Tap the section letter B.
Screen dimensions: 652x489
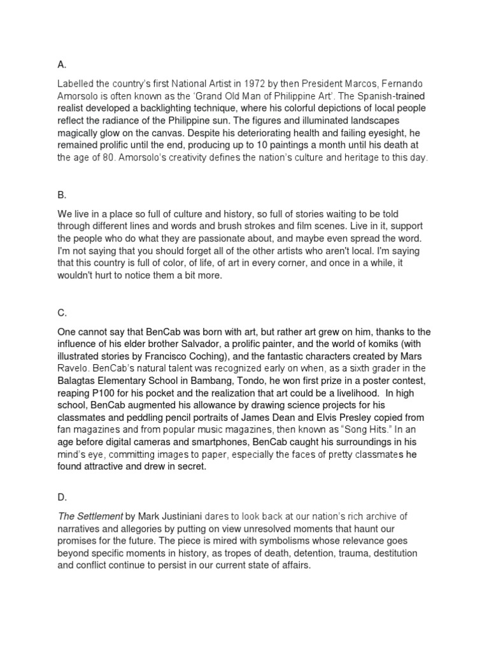61,195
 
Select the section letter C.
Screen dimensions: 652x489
62,313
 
